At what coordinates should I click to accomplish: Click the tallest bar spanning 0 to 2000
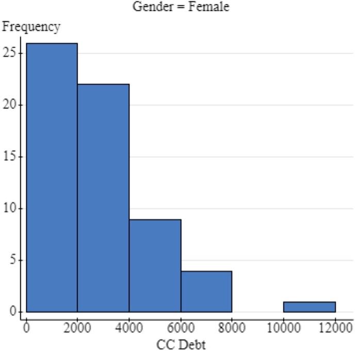52,178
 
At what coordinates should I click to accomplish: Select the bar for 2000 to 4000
103,198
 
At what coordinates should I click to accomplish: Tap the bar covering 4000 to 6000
155,266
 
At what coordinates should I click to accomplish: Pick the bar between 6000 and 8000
206,292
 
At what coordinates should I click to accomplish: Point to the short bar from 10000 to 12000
309,307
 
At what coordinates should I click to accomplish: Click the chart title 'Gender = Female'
180,7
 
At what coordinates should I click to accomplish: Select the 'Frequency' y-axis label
31,26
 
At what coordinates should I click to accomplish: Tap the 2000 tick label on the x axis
77,328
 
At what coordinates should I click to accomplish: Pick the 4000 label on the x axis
129,328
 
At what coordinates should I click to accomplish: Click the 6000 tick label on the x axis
180,328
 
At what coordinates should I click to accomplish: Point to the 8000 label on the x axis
232,328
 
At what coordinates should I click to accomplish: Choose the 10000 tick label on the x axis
283,328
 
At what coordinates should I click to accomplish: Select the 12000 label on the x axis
335,328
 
